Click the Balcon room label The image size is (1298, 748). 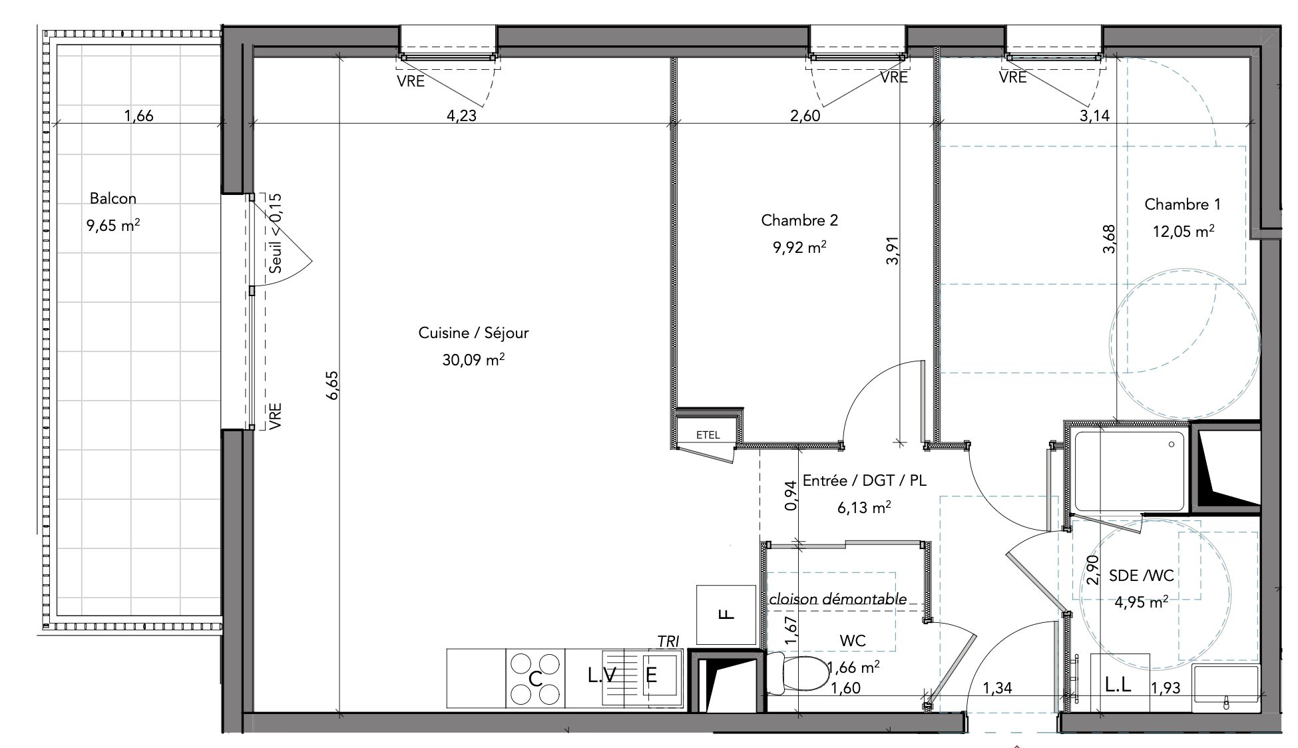click(x=113, y=198)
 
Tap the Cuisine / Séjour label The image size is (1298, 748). click(x=473, y=333)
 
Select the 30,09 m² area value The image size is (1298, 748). click(x=473, y=360)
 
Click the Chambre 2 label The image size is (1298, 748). click(x=799, y=220)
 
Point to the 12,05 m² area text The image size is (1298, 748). click(x=1183, y=231)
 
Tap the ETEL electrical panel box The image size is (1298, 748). click(x=708, y=435)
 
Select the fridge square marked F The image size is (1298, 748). click(x=726, y=614)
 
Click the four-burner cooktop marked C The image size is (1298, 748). click(x=534, y=678)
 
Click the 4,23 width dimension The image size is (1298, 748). click(x=461, y=115)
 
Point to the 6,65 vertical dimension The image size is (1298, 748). click(x=332, y=385)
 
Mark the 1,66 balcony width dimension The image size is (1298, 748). click(x=138, y=115)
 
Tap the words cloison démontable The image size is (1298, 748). click(x=837, y=599)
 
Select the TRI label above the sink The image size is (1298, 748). click(x=668, y=642)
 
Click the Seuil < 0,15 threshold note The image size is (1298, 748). click(x=276, y=233)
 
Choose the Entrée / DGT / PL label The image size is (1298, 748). click(x=865, y=480)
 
